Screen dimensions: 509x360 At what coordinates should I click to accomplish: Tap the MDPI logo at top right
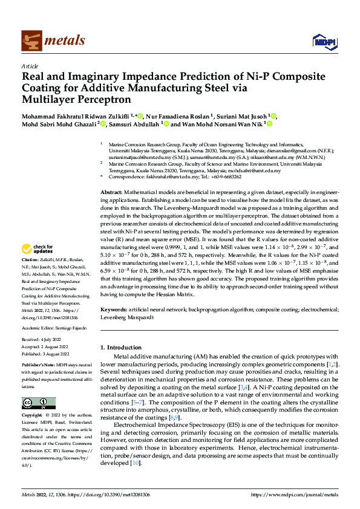coord(322,41)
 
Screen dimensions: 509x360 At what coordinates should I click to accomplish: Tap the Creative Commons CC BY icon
coord(39,403)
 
